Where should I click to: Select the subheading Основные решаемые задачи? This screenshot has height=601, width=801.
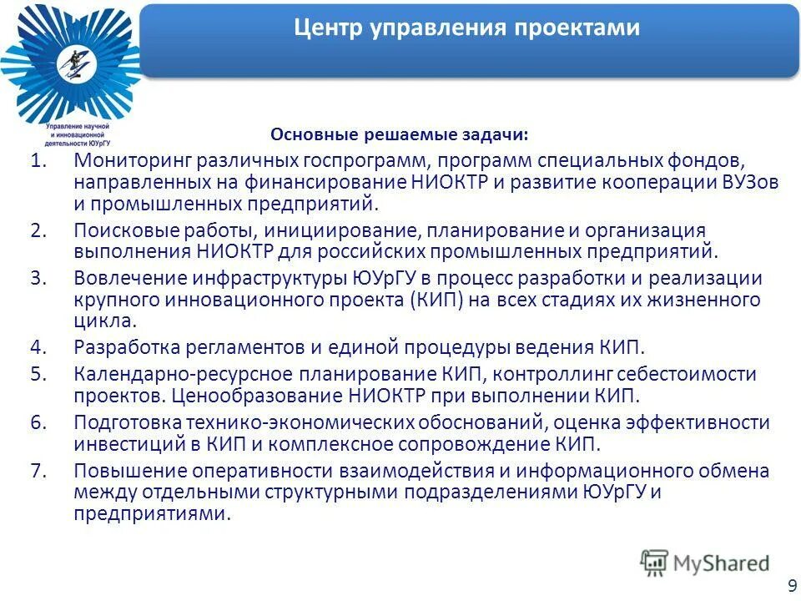(400, 134)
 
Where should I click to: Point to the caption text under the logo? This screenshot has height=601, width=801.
(79, 134)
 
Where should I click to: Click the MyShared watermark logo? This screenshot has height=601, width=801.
(705, 563)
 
